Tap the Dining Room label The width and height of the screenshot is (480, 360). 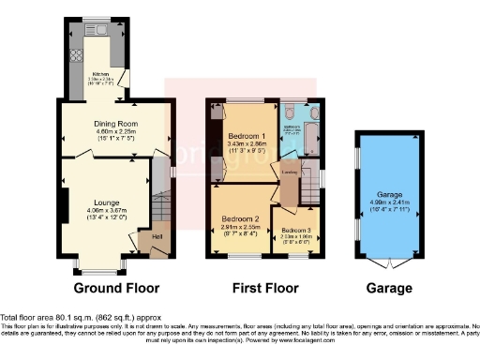tap(114, 123)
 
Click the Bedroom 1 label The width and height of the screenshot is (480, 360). tap(245, 137)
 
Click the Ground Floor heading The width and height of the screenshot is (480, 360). tap(116, 287)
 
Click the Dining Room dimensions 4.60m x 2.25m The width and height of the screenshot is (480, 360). tap(114, 132)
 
